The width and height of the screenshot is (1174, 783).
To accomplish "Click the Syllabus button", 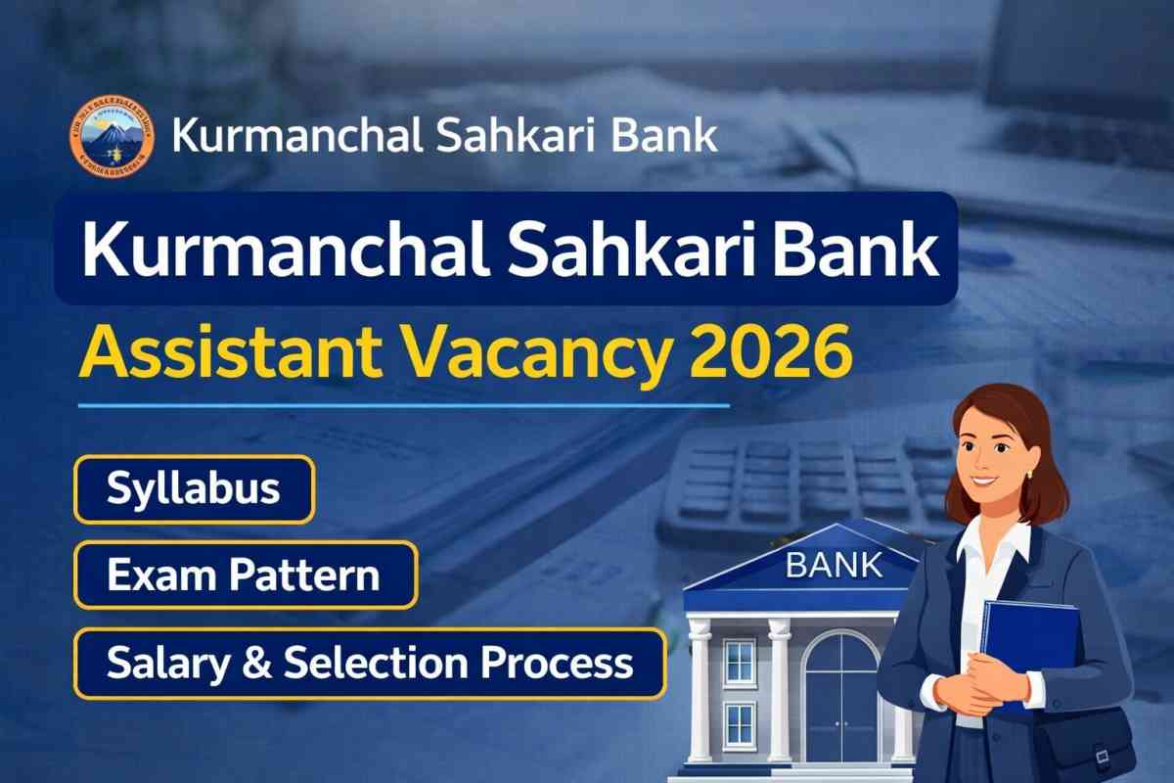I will [x=194, y=489].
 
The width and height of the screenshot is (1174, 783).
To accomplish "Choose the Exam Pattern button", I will [x=245, y=576].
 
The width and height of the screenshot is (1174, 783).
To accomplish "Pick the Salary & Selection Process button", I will [x=370, y=663].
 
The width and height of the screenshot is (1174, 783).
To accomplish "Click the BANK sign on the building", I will [x=833, y=565].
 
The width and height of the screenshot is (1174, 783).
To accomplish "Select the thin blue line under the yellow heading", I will [x=403, y=403].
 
